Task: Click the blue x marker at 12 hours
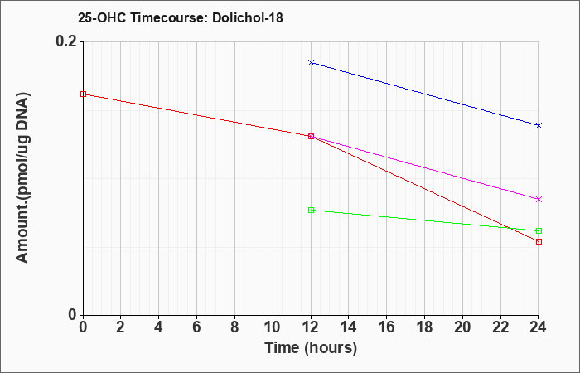(311, 62)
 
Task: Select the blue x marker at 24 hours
(539, 125)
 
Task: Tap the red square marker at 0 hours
(83, 94)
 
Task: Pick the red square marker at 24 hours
(539, 242)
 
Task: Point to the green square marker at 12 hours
(311, 211)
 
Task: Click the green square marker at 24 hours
(539, 231)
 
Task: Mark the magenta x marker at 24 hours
(539, 200)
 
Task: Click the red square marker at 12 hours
(311, 137)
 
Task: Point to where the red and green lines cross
(511, 228)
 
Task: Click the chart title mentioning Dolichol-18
(180, 17)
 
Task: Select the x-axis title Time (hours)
(311, 348)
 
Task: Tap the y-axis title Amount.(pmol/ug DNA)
(23, 178)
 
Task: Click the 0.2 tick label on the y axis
(66, 41)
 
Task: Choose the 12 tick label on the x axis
(311, 327)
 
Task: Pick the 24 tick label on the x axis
(538, 327)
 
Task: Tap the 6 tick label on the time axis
(197, 327)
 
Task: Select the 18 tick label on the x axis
(424, 327)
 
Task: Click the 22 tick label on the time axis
(500, 327)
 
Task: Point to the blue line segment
(425, 94)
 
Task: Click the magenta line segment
(425, 168)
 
